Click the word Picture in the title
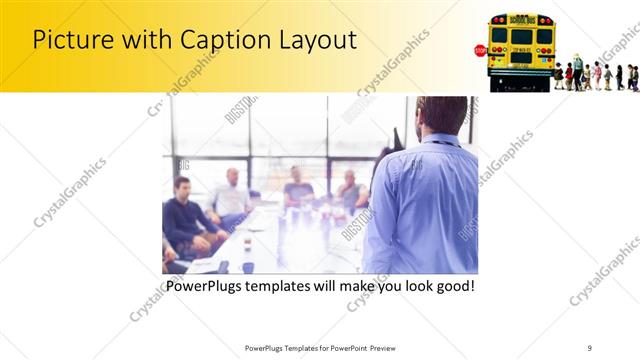(x=71, y=40)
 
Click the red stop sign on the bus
(x=480, y=50)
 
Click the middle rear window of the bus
(x=521, y=37)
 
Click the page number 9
(x=589, y=348)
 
